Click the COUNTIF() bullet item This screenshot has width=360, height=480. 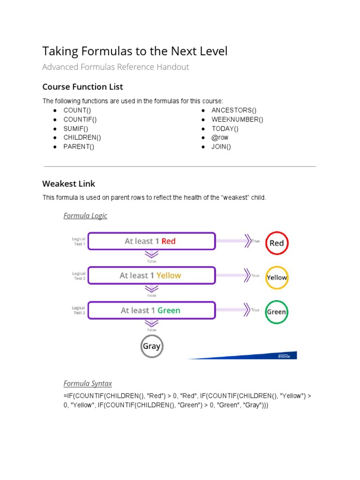click(x=81, y=119)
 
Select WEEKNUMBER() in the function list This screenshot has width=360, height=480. click(x=237, y=119)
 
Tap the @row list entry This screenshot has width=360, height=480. click(x=219, y=137)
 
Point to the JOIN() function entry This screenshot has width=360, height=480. click(x=221, y=147)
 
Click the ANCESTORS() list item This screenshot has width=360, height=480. click(x=234, y=110)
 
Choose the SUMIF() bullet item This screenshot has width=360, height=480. click(x=76, y=128)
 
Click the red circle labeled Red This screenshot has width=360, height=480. click(x=277, y=243)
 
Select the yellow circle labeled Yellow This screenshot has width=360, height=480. click(x=277, y=277)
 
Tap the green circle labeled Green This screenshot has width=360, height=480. click(x=277, y=312)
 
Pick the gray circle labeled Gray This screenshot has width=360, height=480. click(x=151, y=347)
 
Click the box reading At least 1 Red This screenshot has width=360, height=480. click(x=151, y=241)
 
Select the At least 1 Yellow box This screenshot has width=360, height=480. click(x=151, y=276)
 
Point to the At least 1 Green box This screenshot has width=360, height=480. click(x=151, y=310)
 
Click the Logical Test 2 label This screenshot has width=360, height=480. click(x=79, y=276)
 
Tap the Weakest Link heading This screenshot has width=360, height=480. click(x=68, y=183)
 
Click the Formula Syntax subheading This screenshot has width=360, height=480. click(x=88, y=383)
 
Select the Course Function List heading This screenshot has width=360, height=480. click(x=82, y=87)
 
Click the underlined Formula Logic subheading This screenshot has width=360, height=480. click(x=85, y=216)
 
